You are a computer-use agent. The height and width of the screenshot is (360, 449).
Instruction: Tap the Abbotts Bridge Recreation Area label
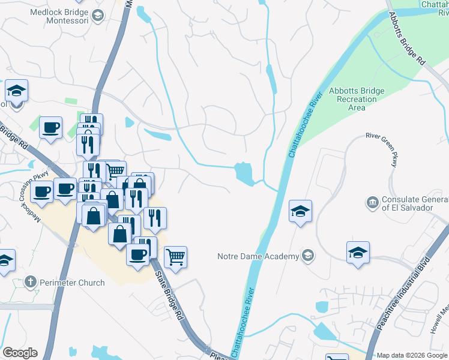coord(356,99)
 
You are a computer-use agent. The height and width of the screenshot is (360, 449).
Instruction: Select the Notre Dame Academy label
coord(258,257)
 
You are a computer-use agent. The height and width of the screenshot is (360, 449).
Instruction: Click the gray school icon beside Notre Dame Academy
coord(308,256)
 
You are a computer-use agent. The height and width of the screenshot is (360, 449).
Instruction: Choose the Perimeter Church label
coord(73,281)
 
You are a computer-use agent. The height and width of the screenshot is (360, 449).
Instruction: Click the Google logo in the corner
coord(20,353)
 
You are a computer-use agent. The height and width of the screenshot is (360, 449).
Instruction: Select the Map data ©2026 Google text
coord(412,355)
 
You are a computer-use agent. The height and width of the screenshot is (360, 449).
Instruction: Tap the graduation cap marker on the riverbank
coord(300,212)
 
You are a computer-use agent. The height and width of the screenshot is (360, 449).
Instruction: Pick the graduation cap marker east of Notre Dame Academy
coord(358,252)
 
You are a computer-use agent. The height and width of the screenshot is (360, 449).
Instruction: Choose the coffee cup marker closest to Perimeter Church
coord(137,254)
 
